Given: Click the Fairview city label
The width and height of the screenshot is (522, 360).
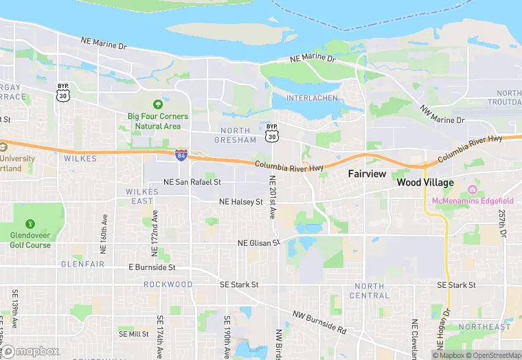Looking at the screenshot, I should (367, 174).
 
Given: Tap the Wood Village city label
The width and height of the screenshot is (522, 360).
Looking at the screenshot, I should (425, 183).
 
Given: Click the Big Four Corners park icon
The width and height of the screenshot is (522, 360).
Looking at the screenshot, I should (158, 104).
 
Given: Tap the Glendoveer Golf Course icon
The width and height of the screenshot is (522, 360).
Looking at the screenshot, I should (30, 224).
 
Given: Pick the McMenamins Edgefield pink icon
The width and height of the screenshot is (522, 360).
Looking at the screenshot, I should (473, 189).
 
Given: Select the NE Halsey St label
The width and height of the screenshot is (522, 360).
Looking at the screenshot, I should (241, 202).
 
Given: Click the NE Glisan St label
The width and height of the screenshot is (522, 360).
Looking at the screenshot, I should (259, 243).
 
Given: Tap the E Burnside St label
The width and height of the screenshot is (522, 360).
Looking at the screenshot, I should (152, 267).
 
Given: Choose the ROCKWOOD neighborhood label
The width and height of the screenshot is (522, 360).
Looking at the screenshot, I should (168, 284).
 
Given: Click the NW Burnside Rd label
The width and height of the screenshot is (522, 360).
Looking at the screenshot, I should (319, 322).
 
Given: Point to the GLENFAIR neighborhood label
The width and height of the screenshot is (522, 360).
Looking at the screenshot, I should (82, 263).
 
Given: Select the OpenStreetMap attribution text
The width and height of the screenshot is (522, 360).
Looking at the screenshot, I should (493, 355).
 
